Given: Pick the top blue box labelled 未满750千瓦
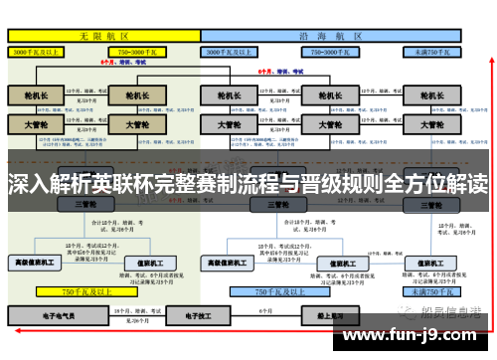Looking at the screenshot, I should pos(432,50).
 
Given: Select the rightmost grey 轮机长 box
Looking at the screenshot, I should pos(431,94).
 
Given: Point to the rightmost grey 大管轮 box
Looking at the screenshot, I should pos(431,125).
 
